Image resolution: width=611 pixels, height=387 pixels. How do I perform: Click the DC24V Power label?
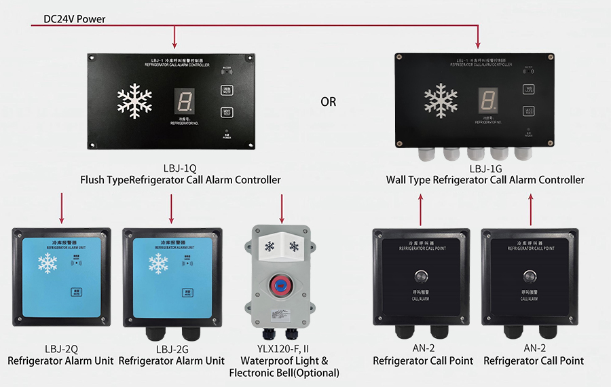tap(74, 19)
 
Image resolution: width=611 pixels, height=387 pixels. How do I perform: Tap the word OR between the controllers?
tap(328, 102)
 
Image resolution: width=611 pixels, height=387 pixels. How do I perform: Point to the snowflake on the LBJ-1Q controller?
tap(134, 102)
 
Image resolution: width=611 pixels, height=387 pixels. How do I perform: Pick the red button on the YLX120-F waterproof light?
tap(280, 281)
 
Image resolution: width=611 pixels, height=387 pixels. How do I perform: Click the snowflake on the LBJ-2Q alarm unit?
tap(48, 264)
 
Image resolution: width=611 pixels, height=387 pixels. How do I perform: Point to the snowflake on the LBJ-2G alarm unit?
tap(158, 264)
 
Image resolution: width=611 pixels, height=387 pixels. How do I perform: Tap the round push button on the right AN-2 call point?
tap(530, 276)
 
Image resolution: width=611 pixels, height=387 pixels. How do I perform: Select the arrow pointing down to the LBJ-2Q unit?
tap(62, 208)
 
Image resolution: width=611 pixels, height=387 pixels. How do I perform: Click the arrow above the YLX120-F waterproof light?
tap(281, 208)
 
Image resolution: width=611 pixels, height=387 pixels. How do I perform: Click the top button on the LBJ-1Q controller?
tap(226, 89)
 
